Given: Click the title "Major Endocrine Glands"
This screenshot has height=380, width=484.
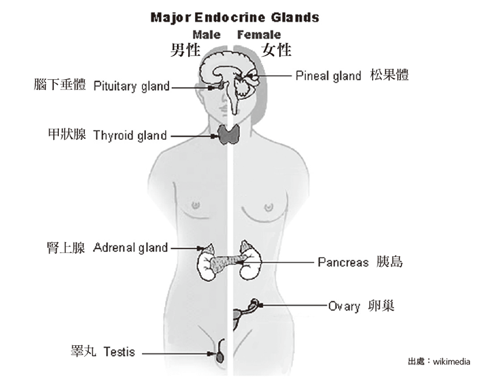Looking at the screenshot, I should [x=234, y=17].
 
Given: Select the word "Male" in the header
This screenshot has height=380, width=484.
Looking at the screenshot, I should [x=207, y=35].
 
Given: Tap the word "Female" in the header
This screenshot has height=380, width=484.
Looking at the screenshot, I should [x=259, y=35].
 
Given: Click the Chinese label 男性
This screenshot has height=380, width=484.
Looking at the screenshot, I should [x=185, y=50].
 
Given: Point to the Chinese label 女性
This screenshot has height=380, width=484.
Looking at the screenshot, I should [x=277, y=50].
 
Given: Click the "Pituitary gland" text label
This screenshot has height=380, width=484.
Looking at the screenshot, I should [x=132, y=87].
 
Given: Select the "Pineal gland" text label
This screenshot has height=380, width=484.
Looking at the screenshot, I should [x=328, y=76].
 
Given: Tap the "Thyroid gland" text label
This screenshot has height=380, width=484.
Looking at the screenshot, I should [x=130, y=136].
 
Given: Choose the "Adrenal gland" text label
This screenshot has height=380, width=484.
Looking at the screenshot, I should [x=130, y=248].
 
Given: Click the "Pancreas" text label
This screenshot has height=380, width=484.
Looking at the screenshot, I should [x=343, y=262].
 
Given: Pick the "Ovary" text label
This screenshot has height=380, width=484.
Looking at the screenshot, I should [x=344, y=306].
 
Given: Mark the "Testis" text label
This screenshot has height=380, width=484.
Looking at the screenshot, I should [x=119, y=352].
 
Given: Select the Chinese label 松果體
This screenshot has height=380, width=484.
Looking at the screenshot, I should [x=390, y=76].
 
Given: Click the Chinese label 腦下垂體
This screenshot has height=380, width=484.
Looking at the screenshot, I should [x=59, y=85].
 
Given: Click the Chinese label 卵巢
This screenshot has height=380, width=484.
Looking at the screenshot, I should [x=381, y=306].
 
